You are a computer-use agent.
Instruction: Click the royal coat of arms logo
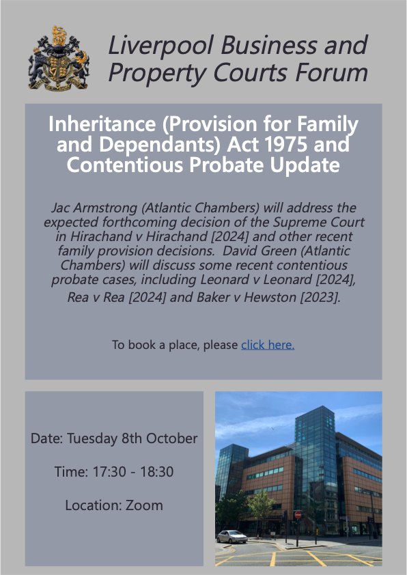coord(59,58)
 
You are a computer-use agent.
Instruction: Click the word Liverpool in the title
coord(160,46)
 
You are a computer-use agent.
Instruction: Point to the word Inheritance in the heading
coord(102,124)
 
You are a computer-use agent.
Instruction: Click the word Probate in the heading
coord(227,165)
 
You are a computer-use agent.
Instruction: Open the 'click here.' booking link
coord(268,345)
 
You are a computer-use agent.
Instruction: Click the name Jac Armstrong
coord(94,208)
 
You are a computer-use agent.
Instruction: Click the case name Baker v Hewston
coord(247,297)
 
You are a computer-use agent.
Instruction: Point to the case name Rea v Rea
coord(96,297)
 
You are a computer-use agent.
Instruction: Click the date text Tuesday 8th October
coord(132,438)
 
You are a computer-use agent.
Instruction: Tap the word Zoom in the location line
coord(144,505)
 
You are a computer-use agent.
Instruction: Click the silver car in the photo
coord(231,537)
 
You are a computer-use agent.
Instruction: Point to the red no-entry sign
coord(298,514)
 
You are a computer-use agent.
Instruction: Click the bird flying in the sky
coord(272,428)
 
